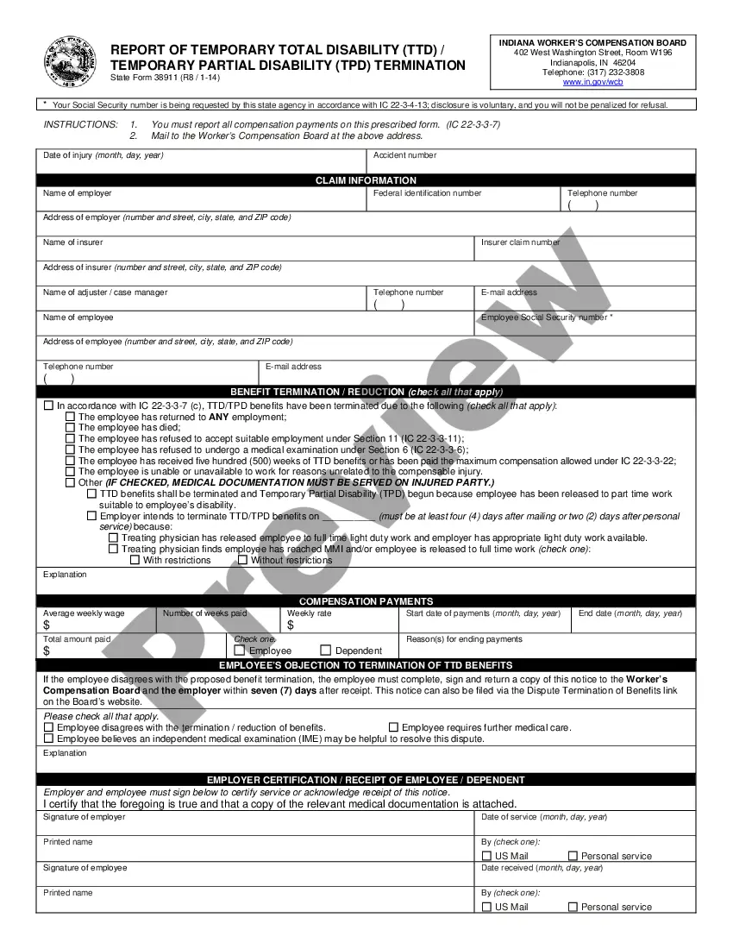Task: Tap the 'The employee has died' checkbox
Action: [x=71, y=428]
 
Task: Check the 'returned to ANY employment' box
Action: [x=71, y=417]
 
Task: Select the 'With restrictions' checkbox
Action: [x=135, y=560]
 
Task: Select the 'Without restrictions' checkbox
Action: [x=243, y=560]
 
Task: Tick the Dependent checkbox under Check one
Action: [x=326, y=650]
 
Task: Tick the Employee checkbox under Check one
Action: [x=240, y=650]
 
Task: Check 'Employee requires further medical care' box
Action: [x=394, y=727]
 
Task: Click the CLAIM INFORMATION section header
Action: [x=366, y=180]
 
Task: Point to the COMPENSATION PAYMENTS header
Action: [x=366, y=601]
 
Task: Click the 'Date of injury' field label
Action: [x=103, y=155]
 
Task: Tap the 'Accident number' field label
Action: [x=404, y=155]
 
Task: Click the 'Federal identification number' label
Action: [x=427, y=193]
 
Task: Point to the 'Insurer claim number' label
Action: [x=520, y=242]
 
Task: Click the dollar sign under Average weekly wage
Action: [x=47, y=625]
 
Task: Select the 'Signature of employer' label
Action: [x=84, y=817]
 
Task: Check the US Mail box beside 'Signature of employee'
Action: [x=487, y=907]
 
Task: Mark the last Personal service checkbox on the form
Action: [x=573, y=907]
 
